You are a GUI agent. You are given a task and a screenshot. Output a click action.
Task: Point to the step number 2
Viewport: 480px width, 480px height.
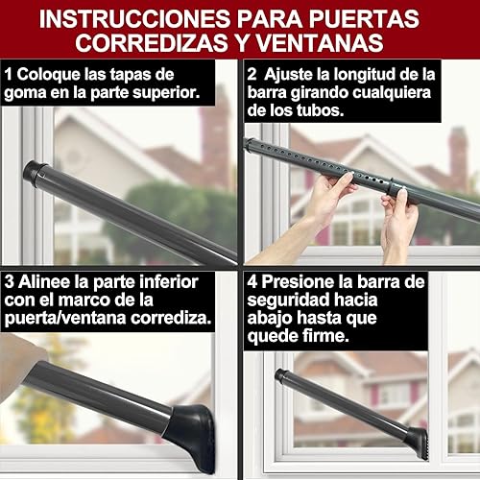252,72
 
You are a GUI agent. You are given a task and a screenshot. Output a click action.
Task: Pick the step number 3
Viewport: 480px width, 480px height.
10,283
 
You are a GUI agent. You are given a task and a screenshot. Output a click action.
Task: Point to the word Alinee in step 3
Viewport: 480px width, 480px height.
44,283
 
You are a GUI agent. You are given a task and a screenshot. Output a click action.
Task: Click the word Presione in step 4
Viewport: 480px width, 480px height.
302,283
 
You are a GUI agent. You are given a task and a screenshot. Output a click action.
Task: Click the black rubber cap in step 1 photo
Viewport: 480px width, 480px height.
36,175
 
